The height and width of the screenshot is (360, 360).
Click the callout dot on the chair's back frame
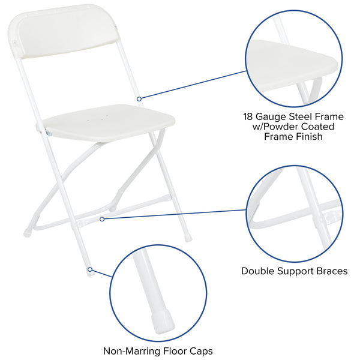(139, 98)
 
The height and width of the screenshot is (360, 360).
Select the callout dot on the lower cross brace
(103, 219)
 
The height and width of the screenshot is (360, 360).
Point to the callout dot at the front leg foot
(91, 270)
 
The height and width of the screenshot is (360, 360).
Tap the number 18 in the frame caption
(249, 116)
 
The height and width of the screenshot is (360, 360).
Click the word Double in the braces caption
(259, 271)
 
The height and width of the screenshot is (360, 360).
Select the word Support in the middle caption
(296, 271)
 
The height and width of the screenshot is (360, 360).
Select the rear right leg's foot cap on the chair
(188, 238)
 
